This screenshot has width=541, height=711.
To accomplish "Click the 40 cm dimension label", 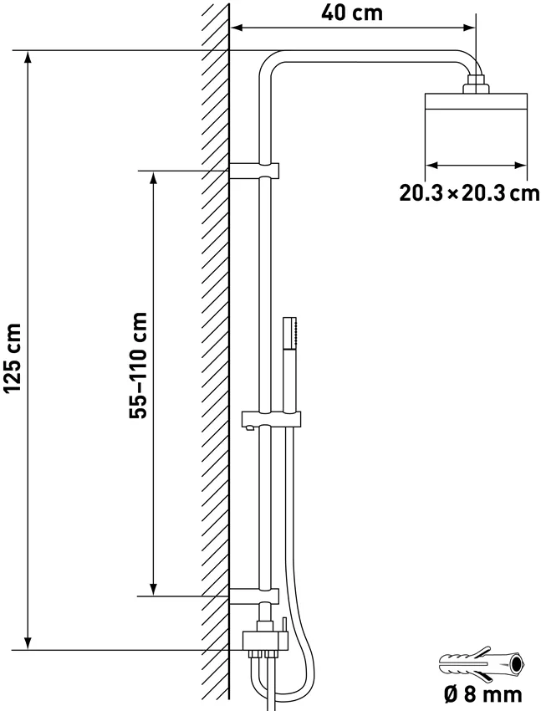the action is pos(352,13).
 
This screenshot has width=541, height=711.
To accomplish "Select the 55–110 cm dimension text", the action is pos(138,365).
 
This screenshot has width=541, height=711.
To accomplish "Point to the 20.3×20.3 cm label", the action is pos(469,193).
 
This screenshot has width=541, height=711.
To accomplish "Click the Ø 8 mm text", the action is pos(482,694).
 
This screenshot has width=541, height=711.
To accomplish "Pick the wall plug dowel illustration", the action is pos(482,664).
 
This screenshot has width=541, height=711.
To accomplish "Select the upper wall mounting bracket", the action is pos(254,171).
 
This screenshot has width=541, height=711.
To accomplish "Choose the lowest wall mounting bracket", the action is pos(254,596).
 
